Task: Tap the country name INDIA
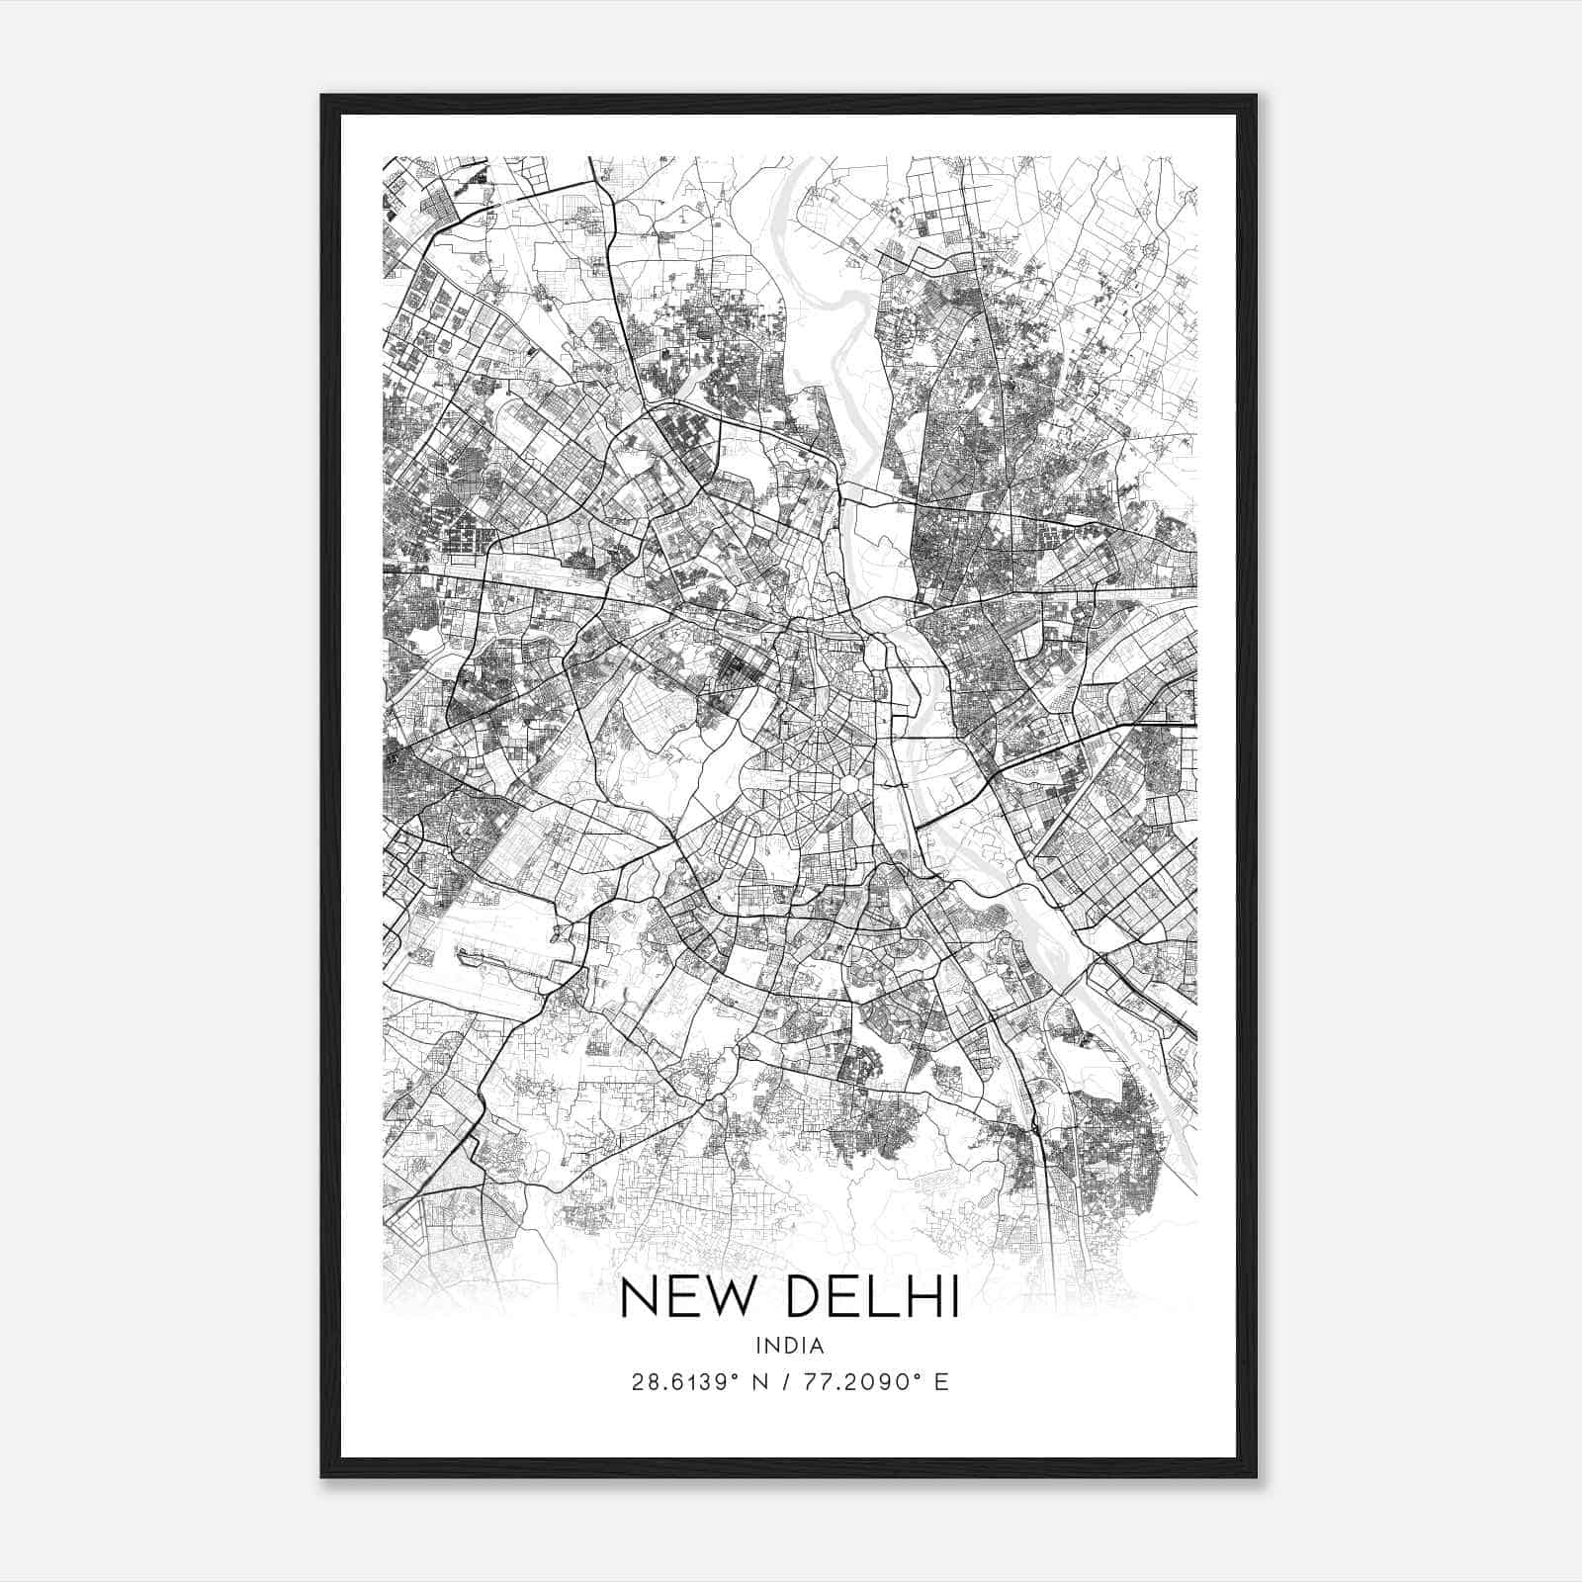coord(789,1346)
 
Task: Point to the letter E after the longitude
coord(941,1382)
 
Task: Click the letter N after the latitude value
coord(760,1382)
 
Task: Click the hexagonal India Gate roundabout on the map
coord(848,783)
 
